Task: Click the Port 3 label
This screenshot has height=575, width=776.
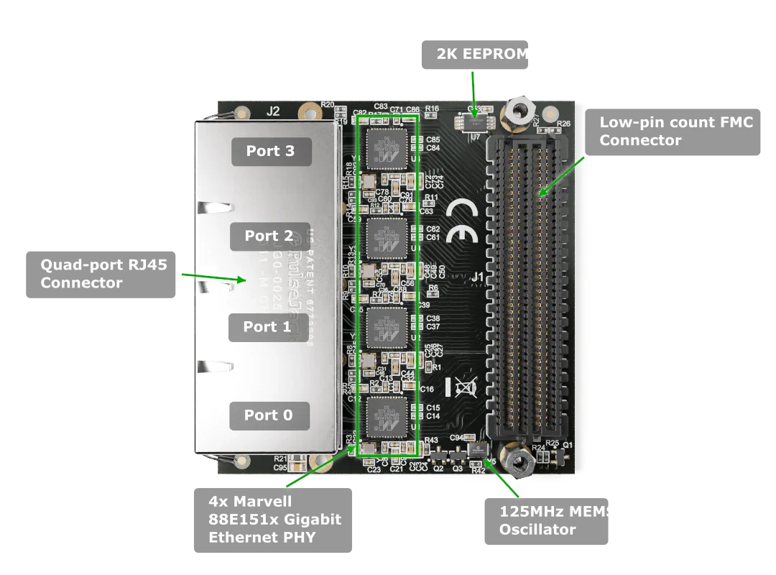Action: pyautogui.click(x=271, y=151)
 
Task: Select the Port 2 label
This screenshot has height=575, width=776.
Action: pyautogui.click(x=269, y=236)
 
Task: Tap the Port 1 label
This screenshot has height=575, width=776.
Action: pyautogui.click(x=267, y=327)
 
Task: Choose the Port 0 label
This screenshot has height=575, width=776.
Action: pyautogui.click(x=269, y=415)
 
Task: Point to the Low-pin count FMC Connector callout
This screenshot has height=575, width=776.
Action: pyautogui.click(x=675, y=132)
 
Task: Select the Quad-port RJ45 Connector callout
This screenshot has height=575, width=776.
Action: pyautogui.click(x=101, y=273)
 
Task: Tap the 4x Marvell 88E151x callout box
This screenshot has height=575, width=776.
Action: pyautogui.click(x=273, y=518)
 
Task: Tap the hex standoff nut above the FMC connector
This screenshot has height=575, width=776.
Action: pyautogui.click(x=515, y=111)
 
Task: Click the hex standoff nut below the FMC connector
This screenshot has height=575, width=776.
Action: pyautogui.click(x=515, y=463)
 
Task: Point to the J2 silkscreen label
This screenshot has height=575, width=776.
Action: pyautogui.click(x=273, y=111)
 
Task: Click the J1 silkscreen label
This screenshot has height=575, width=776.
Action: pyautogui.click(x=478, y=275)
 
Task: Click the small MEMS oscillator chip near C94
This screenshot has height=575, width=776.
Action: pyautogui.click(x=475, y=450)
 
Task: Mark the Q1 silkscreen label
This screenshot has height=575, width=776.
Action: pyautogui.click(x=568, y=445)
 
